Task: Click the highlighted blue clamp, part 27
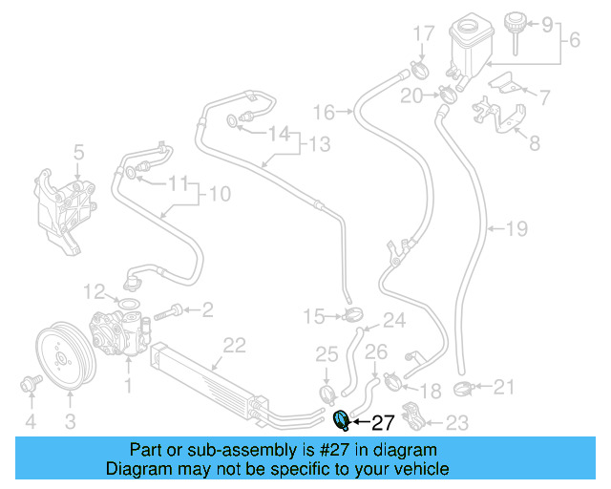[342, 421]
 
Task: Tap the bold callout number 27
[383, 423]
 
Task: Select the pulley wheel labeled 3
[66, 355]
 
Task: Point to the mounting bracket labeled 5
[65, 211]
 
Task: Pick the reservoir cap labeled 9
[515, 32]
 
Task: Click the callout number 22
[234, 346]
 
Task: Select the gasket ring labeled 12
[127, 304]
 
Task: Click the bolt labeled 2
[168, 312]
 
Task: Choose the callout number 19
[516, 228]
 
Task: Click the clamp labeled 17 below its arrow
[420, 69]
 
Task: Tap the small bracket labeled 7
[505, 83]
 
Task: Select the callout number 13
[320, 143]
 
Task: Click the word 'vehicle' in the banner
[425, 469]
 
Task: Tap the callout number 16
[325, 112]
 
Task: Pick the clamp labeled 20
[448, 95]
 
